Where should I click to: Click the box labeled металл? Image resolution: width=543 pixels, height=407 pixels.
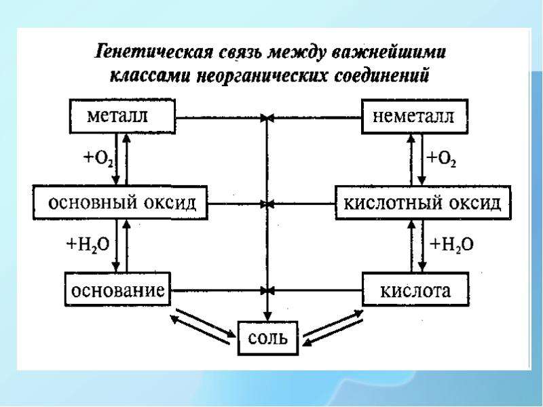click(x=123, y=116)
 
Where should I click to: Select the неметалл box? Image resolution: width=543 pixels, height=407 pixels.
click(x=415, y=116)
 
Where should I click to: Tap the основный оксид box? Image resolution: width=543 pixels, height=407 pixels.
click(x=120, y=203)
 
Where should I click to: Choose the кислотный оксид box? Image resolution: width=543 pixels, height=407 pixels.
click(x=423, y=203)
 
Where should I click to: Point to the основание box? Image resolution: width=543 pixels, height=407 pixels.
click(x=117, y=289)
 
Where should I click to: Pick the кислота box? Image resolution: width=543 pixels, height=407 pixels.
click(x=415, y=290)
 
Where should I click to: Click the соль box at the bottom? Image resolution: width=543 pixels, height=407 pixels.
click(x=268, y=338)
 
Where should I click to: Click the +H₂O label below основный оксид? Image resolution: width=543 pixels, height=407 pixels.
click(x=88, y=245)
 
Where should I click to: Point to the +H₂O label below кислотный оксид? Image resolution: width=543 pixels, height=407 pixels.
click(x=451, y=245)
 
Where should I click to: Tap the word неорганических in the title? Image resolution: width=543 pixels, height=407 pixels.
click(x=262, y=77)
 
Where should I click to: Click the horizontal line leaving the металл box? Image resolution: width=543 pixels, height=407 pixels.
click(x=220, y=118)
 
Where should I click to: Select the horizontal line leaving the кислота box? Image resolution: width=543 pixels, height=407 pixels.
click(x=316, y=290)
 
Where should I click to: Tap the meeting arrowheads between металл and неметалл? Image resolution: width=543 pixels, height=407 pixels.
click(x=267, y=118)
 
